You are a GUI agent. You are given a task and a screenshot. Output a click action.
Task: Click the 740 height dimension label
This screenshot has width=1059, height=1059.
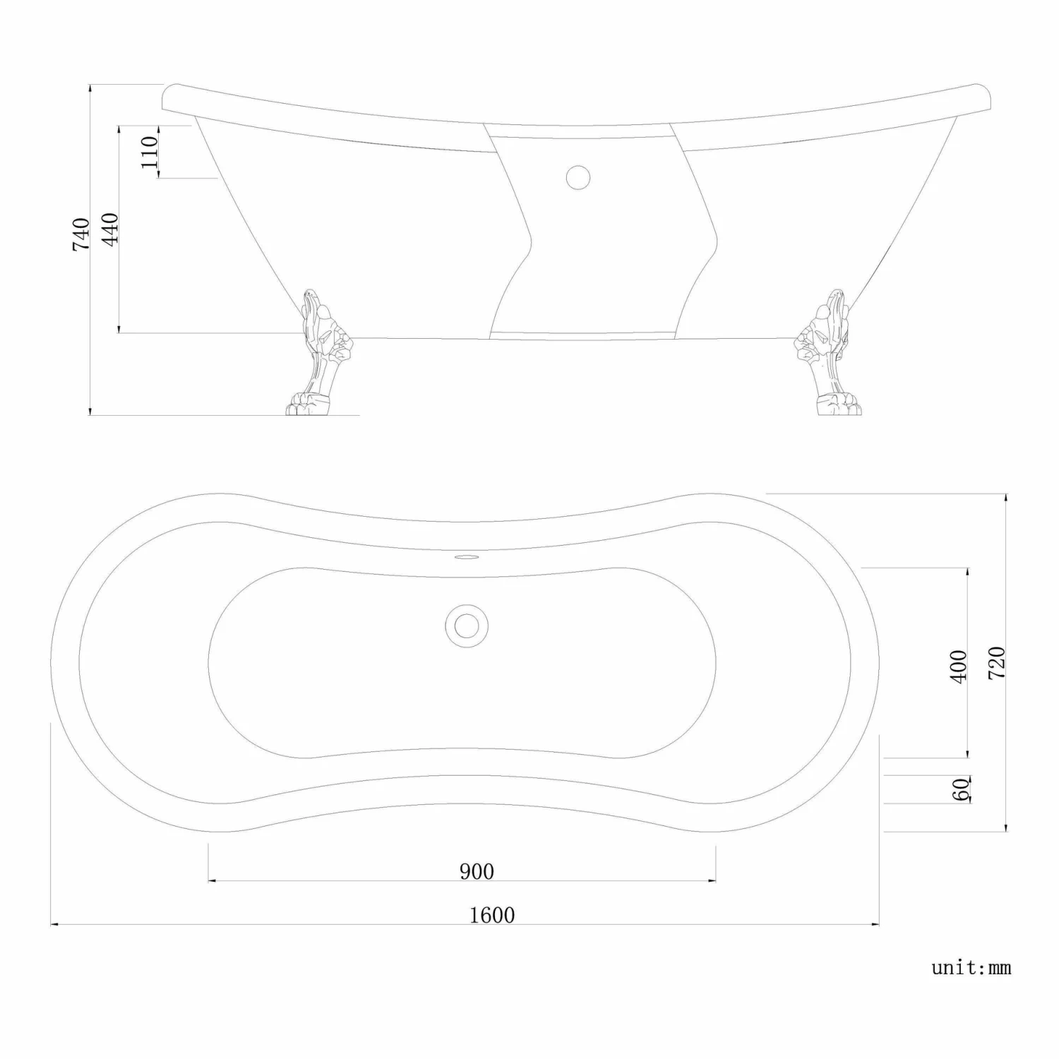[x=81, y=234]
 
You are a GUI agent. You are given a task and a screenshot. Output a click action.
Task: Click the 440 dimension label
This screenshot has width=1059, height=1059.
[x=110, y=229]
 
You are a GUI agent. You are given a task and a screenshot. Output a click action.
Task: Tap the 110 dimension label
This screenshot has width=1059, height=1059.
[x=149, y=152]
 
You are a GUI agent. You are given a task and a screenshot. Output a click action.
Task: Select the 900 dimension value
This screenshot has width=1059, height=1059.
[x=477, y=871]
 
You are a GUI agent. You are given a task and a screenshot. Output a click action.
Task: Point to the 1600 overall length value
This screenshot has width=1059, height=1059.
[x=492, y=915]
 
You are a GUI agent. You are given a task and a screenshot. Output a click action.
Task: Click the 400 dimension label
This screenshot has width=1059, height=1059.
[x=959, y=666]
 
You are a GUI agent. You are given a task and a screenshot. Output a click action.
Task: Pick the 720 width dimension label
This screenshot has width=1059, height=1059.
[x=996, y=662]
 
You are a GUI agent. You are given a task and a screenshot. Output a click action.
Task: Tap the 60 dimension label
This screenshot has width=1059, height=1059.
[x=961, y=789]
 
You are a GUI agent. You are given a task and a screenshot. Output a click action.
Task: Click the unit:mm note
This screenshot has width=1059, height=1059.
[x=971, y=967]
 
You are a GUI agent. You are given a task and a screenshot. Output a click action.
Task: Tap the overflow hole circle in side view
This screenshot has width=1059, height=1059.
[x=578, y=176]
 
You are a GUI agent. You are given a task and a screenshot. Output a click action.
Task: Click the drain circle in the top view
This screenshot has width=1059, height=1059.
[x=465, y=625]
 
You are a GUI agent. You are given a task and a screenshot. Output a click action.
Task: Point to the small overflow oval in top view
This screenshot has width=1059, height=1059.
[x=465, y=558]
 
